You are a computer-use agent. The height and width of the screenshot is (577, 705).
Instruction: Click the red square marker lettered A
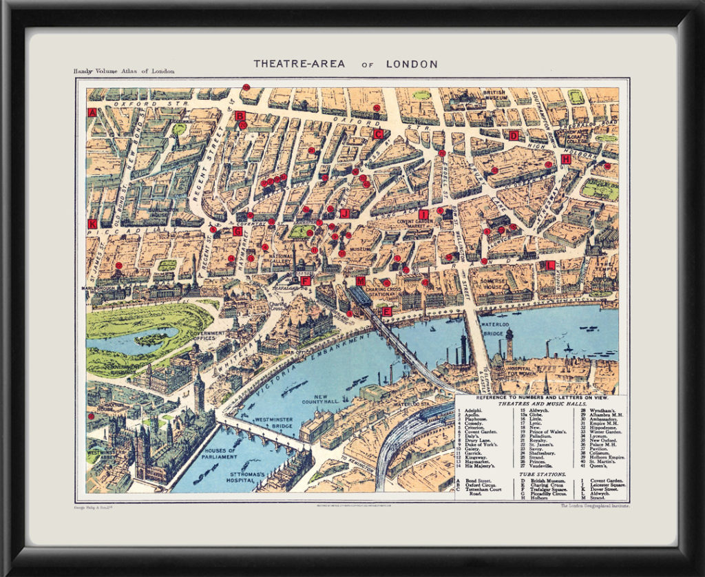coord(92,112)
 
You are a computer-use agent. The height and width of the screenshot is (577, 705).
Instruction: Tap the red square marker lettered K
coord(92,224)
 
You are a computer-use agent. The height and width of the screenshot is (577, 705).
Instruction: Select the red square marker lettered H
coord(566,159)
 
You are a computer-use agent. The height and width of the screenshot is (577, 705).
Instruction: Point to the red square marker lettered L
coord(550,265)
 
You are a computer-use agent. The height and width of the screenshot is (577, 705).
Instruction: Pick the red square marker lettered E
coord(387,311)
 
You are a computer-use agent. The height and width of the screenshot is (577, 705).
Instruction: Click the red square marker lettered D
coord(514,136)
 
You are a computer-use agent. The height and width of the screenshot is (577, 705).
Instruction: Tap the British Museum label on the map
coord(494,95)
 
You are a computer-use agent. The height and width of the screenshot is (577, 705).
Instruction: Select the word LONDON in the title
coord(411,64)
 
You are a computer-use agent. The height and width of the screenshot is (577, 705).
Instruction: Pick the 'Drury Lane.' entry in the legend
coord(476,439)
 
